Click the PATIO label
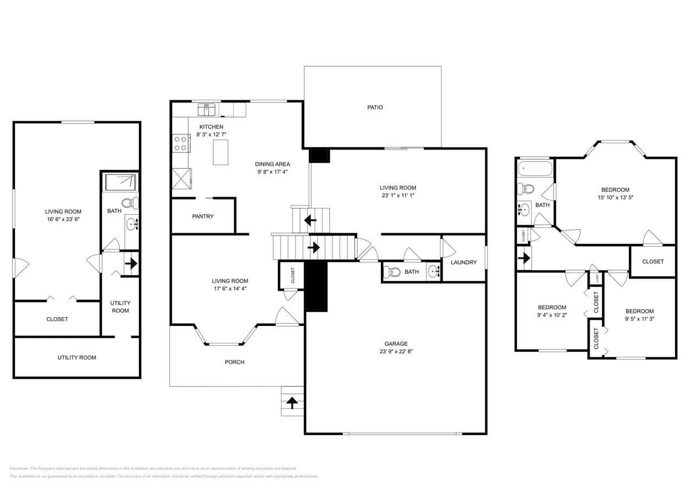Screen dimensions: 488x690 pyautogui.click(x=375, y=107)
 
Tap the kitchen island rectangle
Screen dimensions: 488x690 pyautogui.click(x=220, y=152)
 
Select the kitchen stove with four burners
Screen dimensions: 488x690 pyautogui.click(x=181, y=143)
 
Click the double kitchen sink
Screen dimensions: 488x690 pyautogui.click(x=206, y=110)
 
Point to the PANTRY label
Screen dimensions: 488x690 pyautogui.click(x=203, y=216)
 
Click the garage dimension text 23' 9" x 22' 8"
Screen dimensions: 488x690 pyautogui.click(x=396, y=351)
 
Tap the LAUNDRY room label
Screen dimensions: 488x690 pyautogui.click(x=464, y=262)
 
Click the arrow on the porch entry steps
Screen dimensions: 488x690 pyautogui.click(x=292, y=403)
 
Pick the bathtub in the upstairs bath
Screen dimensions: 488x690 pyautogui.click(x=535, y=169)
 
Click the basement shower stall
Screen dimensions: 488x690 pyautogui.click(x=120, y=182)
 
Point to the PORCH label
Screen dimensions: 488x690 pyautogui.click(x=234, y=362)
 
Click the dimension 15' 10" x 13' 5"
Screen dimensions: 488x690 pyautogui.click(x=615, y=197)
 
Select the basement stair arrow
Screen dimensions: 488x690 pyautogui.click(x=131, y=265)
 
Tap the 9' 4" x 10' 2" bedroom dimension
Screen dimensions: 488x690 pyautogui.click(x=552, y=315)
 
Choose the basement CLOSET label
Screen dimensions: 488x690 pyautogui.click(x=57, y=319)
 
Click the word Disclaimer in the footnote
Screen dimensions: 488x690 pyautogui.click(x=19, y=468)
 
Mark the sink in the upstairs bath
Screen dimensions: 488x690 pyautogui.click(x=524, y=209)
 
